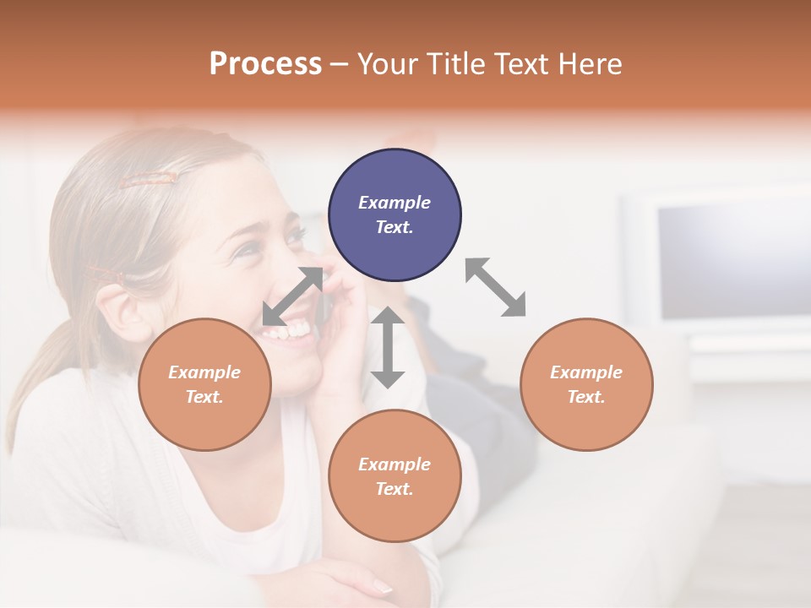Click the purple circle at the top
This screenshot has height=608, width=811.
[395, 215]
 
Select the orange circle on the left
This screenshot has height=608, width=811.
[204, 384]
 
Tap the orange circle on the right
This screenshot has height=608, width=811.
[586, 384]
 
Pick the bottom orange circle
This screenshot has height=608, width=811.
[395, 476]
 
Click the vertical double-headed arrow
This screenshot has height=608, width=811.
[388, 347]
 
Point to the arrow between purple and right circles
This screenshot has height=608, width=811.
[496, 287]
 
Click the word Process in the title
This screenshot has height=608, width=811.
[265, 63]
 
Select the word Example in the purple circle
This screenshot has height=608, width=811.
[395, 203]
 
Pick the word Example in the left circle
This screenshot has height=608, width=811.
[204, 372]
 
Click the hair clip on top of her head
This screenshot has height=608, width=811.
[148, 179]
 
